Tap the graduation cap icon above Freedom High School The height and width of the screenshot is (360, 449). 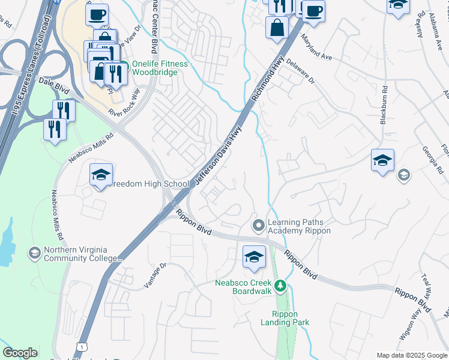(101, 175)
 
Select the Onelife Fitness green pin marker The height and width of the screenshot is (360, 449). (124, 65)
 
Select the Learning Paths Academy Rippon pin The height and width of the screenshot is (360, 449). (259, 226)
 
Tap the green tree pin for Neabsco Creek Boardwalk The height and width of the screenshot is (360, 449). (280, 287)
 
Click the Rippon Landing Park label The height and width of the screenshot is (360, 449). (291, 318)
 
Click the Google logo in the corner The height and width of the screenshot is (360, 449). (20, 352)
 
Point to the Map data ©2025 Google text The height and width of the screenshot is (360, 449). (412, 355)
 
